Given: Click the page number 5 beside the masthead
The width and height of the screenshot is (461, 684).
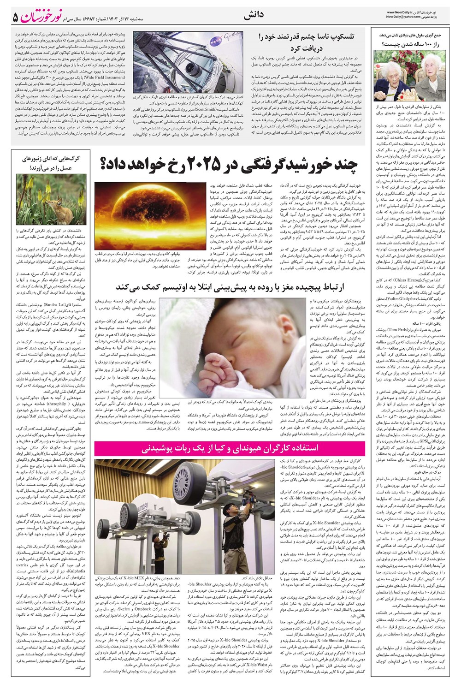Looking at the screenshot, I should tap(15, 17).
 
